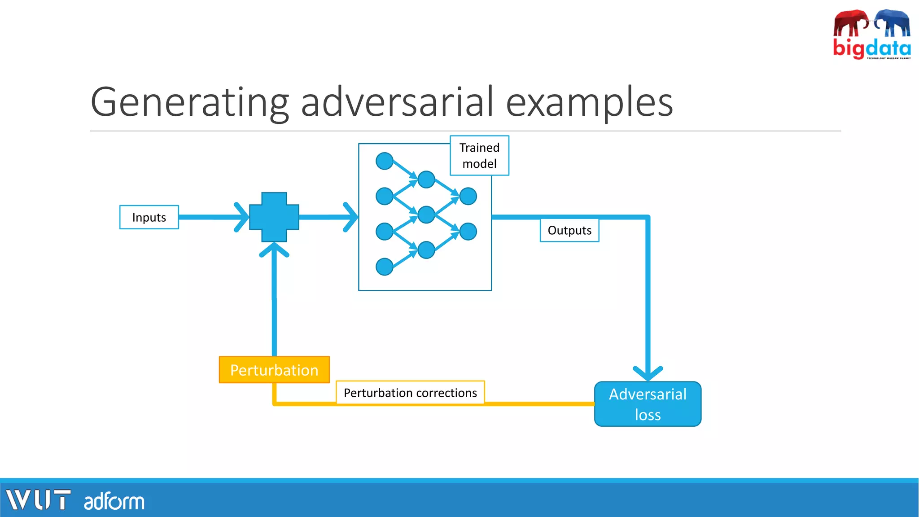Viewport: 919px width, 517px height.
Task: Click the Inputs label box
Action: coord(149,217)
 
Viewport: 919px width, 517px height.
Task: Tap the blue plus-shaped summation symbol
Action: coord(274,217)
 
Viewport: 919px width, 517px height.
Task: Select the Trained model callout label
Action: coord(479,155)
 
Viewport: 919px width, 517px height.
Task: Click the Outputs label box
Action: coord(569,230)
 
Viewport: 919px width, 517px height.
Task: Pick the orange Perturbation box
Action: coord(274,370)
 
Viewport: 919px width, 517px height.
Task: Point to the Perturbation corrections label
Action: coord(410,393)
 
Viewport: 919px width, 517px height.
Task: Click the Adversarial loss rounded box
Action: coord(648,404)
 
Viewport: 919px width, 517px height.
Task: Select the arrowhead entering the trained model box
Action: coord(351,217)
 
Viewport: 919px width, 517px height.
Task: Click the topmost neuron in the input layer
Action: coord(385,161)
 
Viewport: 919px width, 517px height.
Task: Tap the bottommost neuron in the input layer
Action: coord(385,267)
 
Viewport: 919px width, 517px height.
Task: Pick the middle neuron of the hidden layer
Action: coord(426,215)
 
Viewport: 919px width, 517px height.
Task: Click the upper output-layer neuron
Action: coord(468,196)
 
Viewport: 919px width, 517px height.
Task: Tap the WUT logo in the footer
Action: coord(38,500)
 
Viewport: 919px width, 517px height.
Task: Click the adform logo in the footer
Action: coord(114,501)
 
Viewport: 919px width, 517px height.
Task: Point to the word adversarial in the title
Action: coord(397,102)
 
